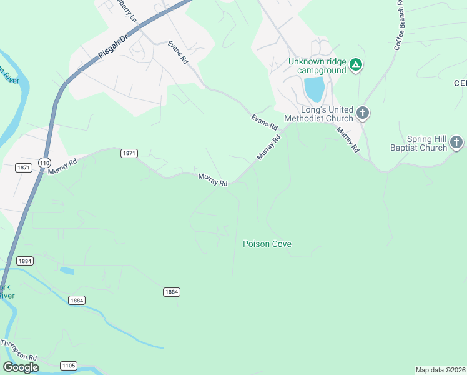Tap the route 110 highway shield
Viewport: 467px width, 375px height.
pyautogui.click(x=44, y=162)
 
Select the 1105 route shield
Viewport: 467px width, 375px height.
pyautogui.click(x=68, y=365)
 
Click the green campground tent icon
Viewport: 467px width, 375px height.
pyautogui.click(x=355, y=65)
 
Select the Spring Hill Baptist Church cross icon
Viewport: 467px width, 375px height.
pyautogui.click(x=456, y=143)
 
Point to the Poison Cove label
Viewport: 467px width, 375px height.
pyautogui.click(x=267, y=244)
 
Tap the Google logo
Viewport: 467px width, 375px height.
pyautogui.click(x=21, y=367)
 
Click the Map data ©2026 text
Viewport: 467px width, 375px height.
pyautogui.click(x=440, y=370)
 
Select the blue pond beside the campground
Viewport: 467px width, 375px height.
pyautogui.click(x=315, y=89)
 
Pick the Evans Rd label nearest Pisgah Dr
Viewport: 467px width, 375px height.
pyautogui.click(x=177, y=52)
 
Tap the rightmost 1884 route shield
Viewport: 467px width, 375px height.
pyautogui.click(x=172, y=292)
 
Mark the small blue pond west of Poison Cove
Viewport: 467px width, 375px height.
pyautogui.click(x=67, y=271)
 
